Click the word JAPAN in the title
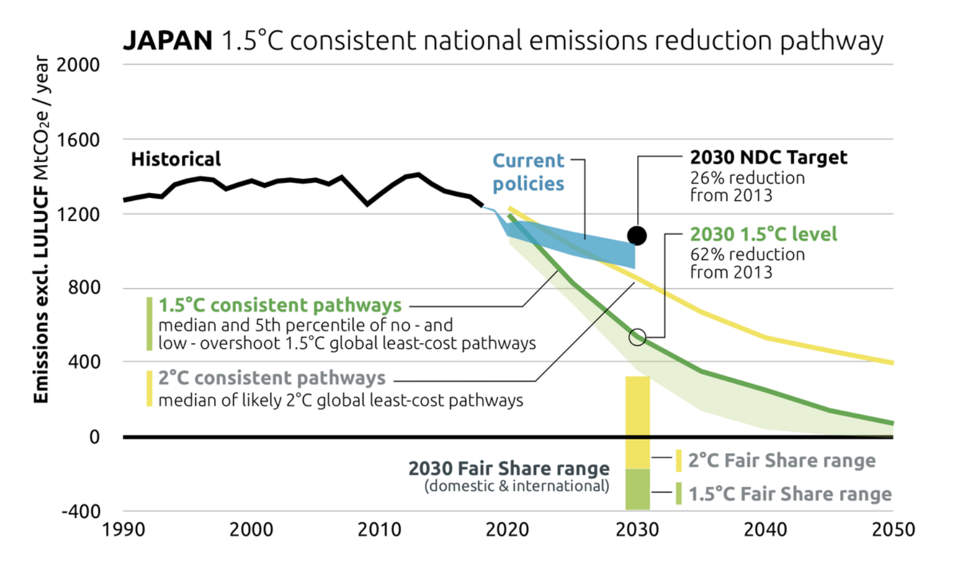coord(168,41)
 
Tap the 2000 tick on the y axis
coord(78,65)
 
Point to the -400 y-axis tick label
coord(80,511)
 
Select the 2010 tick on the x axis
coord(379,530)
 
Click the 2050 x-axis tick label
coord(893,530)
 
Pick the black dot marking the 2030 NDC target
coord(636,235)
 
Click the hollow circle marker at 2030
coord(637,337)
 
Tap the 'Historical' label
coord(176,159)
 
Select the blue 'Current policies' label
coord(528,172)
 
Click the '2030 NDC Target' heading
coord(768,157)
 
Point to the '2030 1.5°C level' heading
coord(763,234)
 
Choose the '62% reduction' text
coord(747,254)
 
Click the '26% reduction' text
coord(747,178)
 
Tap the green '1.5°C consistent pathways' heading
coord(280,305)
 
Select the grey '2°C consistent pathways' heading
coord(272,378)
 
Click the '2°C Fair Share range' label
coord(782,461)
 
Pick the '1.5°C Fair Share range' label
coord(790,494)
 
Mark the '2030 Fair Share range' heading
coord(508,468)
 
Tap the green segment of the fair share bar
coord(637,489)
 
